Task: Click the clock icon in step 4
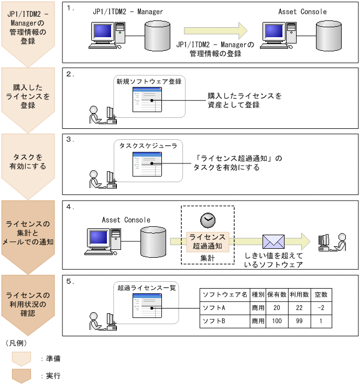coord(207,219)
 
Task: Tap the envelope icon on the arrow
coord(273,241)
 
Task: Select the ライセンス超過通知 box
coord(207,241)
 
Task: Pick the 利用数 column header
coord(299,295)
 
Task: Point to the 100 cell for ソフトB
coord(278,320)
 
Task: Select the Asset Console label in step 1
coord(302,12)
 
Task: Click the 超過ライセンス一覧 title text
coord(147,288)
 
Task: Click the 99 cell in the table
coord(299,320)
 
